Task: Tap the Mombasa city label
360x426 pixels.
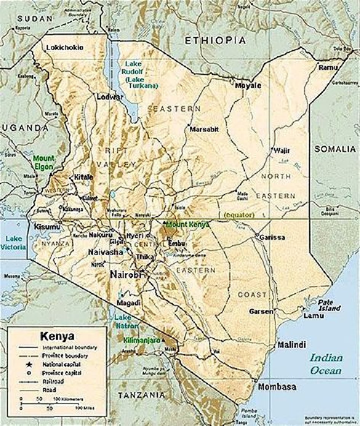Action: pos(277,387)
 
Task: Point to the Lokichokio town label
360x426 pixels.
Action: pos(64,48)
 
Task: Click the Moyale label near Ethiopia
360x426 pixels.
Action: pos(248,85)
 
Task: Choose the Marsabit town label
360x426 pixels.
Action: pos(204,129)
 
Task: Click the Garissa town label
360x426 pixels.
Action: pos(272,237)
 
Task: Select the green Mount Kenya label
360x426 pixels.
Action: pos(188,225)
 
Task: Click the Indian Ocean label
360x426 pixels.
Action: pos(326,364)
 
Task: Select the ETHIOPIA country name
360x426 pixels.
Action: pos(215,40)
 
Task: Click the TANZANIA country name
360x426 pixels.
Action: pos(142,395)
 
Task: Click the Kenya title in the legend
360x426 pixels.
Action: pos(57,337)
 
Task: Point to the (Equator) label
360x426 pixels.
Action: pos(239,215)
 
